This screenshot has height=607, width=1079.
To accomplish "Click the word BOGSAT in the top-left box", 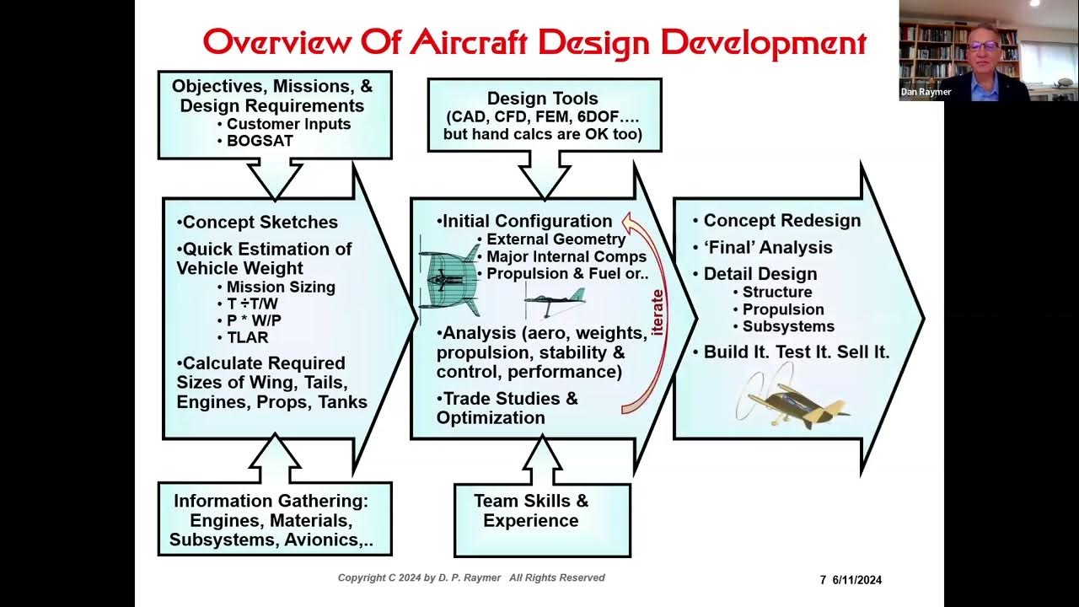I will click(260, 142).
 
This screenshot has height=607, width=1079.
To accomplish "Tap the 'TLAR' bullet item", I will click(247, 337).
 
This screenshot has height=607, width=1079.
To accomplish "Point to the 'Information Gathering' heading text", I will click(271, 501).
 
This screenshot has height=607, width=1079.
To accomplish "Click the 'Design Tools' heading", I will click(543, 99).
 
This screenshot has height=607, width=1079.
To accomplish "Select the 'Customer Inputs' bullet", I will click(288, 124).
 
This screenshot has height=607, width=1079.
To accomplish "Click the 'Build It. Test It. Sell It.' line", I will click(797, 352).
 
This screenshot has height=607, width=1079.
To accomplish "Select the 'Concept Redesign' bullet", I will click(781, 221).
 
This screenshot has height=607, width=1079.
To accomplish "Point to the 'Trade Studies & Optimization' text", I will click(507, 408).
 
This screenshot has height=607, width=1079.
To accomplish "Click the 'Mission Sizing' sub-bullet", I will click(281, 287).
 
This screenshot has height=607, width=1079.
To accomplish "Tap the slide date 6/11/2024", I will click(857, 580).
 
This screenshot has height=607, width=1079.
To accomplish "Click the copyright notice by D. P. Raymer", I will click(471, 577).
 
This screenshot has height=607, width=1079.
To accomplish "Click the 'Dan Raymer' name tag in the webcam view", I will click(926, 92).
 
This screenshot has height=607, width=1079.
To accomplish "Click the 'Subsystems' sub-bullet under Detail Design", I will click(788, 327).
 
